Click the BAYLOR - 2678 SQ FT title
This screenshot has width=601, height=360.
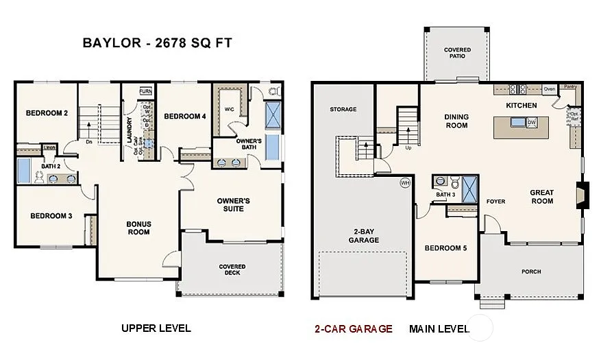click(157, 43)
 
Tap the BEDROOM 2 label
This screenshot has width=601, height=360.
click(47, 113)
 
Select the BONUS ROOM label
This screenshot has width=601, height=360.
click(138, 228)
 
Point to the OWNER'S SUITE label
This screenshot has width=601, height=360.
click(233, 204)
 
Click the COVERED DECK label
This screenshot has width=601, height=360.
click(232, 270)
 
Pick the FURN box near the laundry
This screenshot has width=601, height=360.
click(145, 91)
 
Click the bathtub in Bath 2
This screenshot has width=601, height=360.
click(23, 171)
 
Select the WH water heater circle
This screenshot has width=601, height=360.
click(405, 183)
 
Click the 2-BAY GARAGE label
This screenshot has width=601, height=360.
click(363, 235)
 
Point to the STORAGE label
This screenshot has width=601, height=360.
click(343, 109)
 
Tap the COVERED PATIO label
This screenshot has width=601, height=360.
click(457, 53)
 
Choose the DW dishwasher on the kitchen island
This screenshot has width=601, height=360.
click(531, 123)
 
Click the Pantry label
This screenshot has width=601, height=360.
click(569, 88)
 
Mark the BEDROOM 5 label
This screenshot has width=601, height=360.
click(445, 248)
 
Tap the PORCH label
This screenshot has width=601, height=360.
click(530, 272)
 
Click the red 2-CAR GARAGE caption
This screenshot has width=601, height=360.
click(353, 328)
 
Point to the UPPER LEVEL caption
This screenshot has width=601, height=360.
click(156, 328)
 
